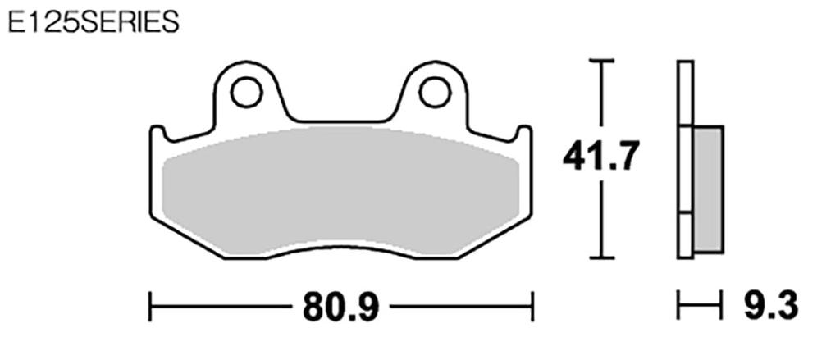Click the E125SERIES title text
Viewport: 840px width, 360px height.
pyautogui.click(x=91, y=21)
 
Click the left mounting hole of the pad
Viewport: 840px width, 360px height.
pyautogui.click(x=246, y=93)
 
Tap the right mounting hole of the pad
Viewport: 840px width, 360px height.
pyautogui.click(x=435, y=93)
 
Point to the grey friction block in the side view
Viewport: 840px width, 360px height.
pyautogui.click(x=708, y=189)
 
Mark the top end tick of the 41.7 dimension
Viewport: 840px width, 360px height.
pyautogui.click(x=602, y=62)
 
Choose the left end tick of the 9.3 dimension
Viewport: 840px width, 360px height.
pyautogui.click(x=678, y=307)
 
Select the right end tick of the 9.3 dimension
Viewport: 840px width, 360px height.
pyautogui.click(x=721, y=307)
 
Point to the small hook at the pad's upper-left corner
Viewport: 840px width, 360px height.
pyautogui.click(x=158, y=132)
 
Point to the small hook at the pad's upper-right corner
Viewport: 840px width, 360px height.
pyautogui.click(x=523, y=132)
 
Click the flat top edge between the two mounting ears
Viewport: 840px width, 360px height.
pyautogui.click(x=340, y=124)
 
